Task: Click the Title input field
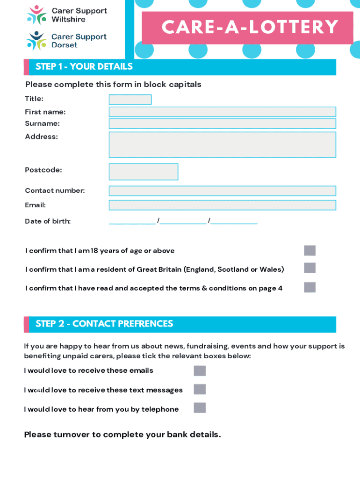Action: tap(130, 100)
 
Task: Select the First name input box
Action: tap(222, 112)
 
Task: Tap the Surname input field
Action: tap(222, 123)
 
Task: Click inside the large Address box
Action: tap(222, 145)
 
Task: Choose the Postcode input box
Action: tap(143, 172)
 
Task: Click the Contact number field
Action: tap(222, 191)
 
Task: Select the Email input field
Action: tap(222, 205)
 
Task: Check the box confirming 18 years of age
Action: tap(310, 251)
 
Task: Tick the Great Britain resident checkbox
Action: tap(310, 268)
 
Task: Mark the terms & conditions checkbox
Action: tap(310, 287)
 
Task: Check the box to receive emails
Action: tap(200, 371)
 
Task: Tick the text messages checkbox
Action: tap(200, 389)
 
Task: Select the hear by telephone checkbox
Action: tap(200, 407)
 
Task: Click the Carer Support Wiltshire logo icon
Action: tap(36, 15)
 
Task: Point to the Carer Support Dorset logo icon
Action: tap(36, 41)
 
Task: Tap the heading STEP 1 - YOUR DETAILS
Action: tap(84, 67)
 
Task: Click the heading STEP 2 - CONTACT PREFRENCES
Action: tap(104, 324)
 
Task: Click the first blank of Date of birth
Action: tap(132, 221)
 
